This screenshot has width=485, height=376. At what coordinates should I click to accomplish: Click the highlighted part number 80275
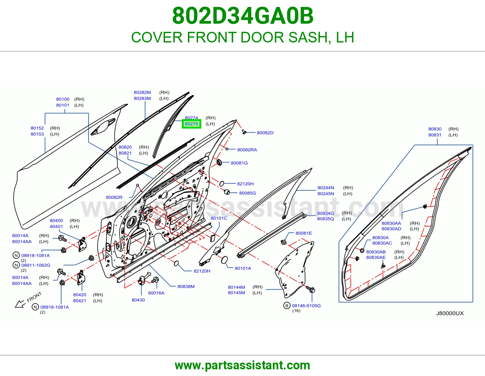click(x=191, y=124)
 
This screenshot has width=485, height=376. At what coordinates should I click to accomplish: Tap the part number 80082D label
click(x=265, y=133)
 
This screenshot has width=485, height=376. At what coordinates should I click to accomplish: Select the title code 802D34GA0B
click(x=243, y=16)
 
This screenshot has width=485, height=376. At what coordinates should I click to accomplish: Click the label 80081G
click(x=239, y=163)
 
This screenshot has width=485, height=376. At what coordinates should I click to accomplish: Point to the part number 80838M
click(x=186, y=287)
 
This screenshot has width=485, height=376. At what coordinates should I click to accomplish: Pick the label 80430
click(x=138, y=300)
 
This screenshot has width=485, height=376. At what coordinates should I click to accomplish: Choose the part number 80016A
click(x=156, y=293)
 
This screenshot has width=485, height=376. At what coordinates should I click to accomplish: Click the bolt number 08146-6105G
click(x=306, y=306)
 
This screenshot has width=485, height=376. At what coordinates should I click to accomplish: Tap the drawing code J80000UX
click(x=450, y=313)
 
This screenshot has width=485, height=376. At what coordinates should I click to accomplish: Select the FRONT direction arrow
click(x=20, y=304)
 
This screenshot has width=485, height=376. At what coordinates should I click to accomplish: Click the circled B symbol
click(x=287, y=306)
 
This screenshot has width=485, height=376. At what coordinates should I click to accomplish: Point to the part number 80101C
click(x=219, y=218)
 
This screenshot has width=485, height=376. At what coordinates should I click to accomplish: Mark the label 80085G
click(x=248, y=193)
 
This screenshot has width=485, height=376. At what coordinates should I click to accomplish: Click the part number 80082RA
click(x=247, y=150)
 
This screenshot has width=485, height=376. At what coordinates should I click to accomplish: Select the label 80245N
click(x=326, y=193)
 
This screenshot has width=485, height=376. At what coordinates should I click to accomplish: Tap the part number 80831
click(x=435, y=135)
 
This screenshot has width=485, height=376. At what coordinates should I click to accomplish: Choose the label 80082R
click(x=114, y=197)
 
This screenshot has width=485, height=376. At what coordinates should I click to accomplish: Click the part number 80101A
click(x=243, y=268)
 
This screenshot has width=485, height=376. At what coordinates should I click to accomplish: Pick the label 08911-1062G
click(x=36, y=265)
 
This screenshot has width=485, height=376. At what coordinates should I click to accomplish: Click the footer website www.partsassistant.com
click(x=242, y=365)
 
